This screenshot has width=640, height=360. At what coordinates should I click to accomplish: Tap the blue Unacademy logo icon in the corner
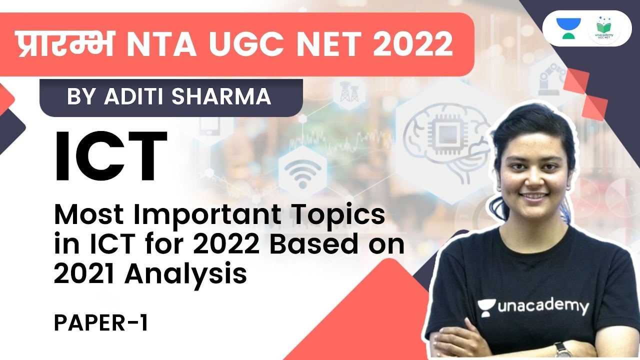pos(571,29)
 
